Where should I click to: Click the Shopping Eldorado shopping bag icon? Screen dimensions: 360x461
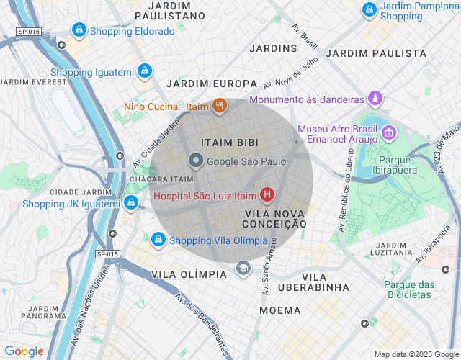coord(79,31)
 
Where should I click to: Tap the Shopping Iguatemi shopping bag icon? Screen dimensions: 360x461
coord(145,71)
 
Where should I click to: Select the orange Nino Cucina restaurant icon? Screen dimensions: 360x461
coord(220,107)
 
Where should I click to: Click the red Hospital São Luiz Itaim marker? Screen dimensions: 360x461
coord(267,194)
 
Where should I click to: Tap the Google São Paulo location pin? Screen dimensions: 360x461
coord(195,161)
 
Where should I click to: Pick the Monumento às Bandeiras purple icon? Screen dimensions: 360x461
coord(375,98)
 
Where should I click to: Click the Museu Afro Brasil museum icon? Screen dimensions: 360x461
coord(389,132)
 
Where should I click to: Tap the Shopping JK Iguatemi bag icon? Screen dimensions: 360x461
coord(130,203)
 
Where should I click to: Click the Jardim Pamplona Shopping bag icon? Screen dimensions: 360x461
coord(370,10)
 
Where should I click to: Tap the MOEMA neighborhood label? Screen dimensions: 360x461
coord(279,310)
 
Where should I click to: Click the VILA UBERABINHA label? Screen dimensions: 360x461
coord(326,282)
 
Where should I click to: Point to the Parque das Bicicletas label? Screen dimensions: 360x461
coord(409,290)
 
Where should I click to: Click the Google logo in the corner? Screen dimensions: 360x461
coord(24,351)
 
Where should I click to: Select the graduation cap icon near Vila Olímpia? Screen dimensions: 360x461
coord(243,269)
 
